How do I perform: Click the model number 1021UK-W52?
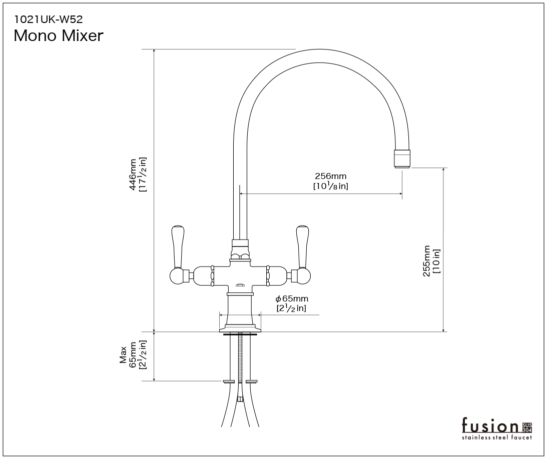pos(48,19)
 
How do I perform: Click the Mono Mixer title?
pos(59,35)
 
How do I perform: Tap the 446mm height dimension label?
pos(133,174)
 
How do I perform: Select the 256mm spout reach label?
pos(330,176)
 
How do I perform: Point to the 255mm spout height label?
pos(427,261)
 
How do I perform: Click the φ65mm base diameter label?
pos(292,298)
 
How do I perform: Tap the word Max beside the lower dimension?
pos(123,355)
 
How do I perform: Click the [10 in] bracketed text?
pos(436,261)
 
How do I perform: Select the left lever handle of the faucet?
pos(178,247)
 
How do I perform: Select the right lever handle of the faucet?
pos(302,247)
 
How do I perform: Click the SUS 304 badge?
pos(527,427)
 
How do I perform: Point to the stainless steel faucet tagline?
pos(497,437)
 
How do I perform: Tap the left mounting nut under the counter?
pos(229,381)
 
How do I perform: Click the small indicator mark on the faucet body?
pos(240,285)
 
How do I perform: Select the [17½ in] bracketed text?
pos(143,174)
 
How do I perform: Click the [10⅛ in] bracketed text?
pos(331,186)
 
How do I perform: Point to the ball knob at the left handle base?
pos(177,276)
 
